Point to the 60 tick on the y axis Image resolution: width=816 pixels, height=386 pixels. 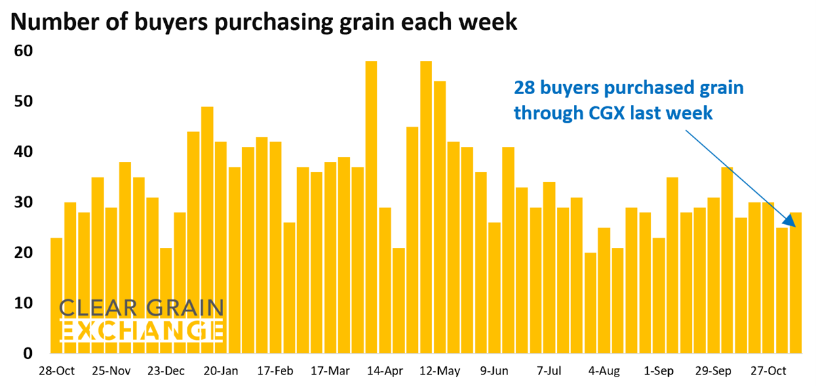pos(25,51)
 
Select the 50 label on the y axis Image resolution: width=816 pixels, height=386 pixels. pos(25,102)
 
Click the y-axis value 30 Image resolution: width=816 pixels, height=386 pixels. pos(25,202)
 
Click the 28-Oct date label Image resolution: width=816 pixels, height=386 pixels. pos(57,371)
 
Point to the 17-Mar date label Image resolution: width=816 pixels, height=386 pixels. pos(330,371)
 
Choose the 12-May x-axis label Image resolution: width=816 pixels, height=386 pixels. pos(440,371)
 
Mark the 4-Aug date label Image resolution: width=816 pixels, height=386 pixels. pos(604,371)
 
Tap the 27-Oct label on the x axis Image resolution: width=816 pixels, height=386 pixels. pos(768,371)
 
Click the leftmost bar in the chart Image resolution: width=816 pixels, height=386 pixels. pos(56,295)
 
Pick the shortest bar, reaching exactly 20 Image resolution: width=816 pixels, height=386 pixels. pos(590,303)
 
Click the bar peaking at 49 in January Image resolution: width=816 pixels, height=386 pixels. pos(207,230)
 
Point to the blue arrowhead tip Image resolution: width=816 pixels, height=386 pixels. pos(793,226)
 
